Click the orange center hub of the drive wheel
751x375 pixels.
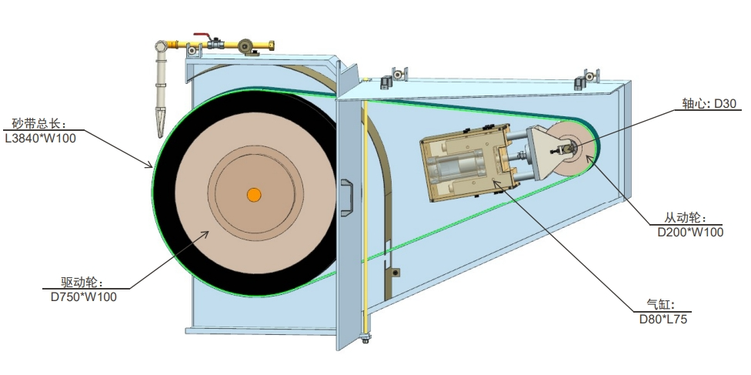(254, 195)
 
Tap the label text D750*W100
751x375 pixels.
(84, 296)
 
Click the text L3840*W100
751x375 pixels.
(40, 138)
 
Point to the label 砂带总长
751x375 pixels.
(38, 124)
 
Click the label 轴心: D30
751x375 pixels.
(709, 103)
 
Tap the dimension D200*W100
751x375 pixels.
(690, 232)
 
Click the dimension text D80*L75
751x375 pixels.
(663, 319)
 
